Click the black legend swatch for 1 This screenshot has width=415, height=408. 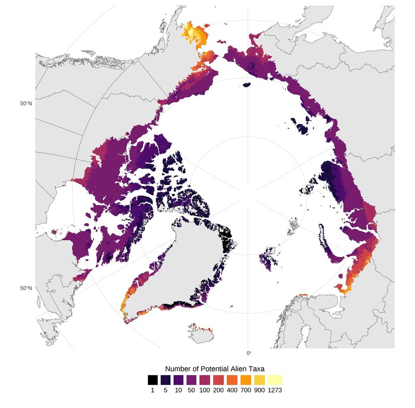(153, 380)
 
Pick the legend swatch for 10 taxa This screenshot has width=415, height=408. (180, 380)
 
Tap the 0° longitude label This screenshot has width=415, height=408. (249, 353)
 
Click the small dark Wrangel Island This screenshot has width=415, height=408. (247, 85)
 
